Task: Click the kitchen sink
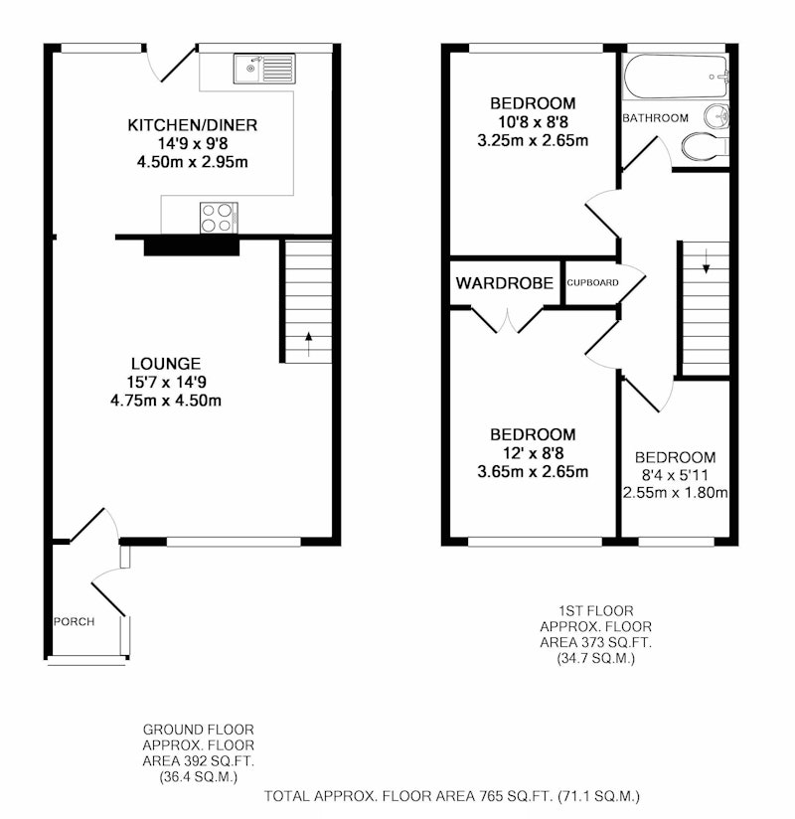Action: pyautogui.click(x=264, y=69)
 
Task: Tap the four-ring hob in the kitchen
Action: pyautogui.click(x=219, y=218)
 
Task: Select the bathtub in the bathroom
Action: pyautogui.click(x=676, y=77)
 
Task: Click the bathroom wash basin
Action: pyautogui.click(x=716, y=116)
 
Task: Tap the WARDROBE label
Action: pyautogui.click(x=504, y=283)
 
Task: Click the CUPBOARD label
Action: pyautogui.click(x=593, y=282)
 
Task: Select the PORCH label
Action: pyautogui.click(x=75, y=621)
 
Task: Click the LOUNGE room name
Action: pyautogui.click(x=166, y=363)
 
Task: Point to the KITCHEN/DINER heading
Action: pyautogui.click(x=192, y=125)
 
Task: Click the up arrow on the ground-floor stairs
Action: pyautogui.click(x=308, y=344)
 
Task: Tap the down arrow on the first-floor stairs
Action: pyautogui.click(x=706, y=261)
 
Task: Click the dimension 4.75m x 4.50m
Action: pyautogui.click(x=166, y=401)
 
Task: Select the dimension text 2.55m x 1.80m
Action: pyautogui.click(x=675, y=493)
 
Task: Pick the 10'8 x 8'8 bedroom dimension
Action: pyautogui.click(x=533, y=121)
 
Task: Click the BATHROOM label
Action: pyautogui.click(x=655, y=118)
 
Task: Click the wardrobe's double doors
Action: pyautogui.click(x=507, y=320)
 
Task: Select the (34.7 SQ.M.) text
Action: pyautogui.click(x=595, y=658)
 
